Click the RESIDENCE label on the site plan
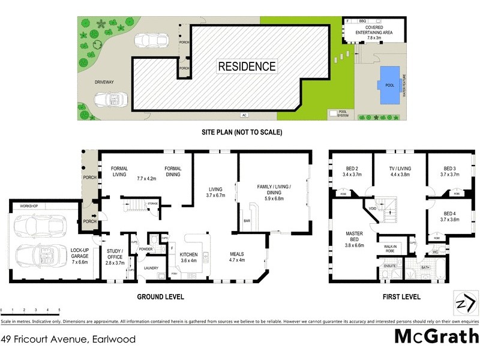tap(247, 67)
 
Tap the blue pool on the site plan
tap(389, 85)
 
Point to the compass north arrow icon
tap(464, 303)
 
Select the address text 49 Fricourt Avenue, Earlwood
tap(68, 340)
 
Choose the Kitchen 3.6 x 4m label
tap(189, 258)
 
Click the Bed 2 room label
tap(352, 172)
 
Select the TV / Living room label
tap(400, 172)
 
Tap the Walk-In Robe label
tap(388, 249)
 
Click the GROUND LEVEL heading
tap(160, 297)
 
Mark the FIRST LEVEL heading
tap(401, 297)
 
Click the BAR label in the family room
tap(246, 221)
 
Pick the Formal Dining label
tap(173, 172)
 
